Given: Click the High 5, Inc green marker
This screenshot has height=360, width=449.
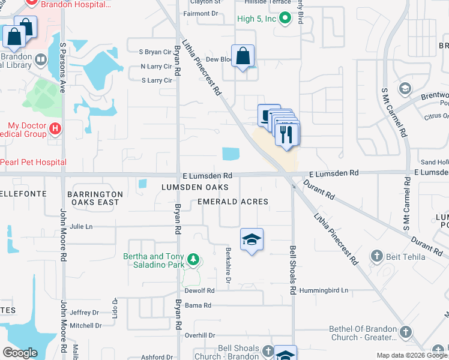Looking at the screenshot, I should pos(285,19).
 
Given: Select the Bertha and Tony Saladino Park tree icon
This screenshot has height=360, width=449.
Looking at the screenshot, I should pos(193,259).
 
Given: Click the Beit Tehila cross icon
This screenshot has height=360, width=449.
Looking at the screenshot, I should pos(377,257).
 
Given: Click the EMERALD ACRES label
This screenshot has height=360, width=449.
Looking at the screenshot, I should pos(233,202).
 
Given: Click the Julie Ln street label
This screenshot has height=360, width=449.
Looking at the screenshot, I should pos(81,227).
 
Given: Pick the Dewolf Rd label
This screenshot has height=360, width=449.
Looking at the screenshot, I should pos(200,290).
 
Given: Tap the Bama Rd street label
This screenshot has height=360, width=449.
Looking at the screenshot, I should pos(199,305).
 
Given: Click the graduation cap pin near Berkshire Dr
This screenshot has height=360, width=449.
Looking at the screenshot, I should pos(252,240).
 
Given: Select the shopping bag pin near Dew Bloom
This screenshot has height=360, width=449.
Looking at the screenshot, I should pos(243,57).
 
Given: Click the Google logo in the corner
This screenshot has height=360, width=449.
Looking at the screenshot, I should pos(20,353).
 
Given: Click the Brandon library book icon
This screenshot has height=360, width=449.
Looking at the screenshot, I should pos(41,59).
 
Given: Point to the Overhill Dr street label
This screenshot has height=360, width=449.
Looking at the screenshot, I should pos(200,335).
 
